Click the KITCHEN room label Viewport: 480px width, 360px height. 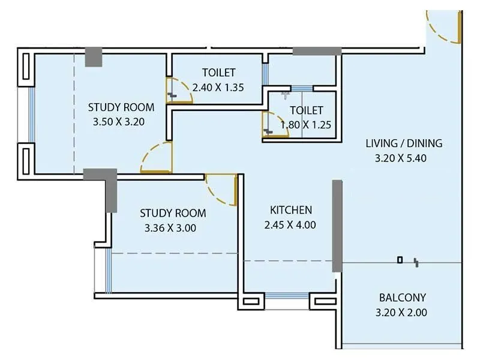(290, 210)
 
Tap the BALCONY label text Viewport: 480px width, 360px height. (402, 298)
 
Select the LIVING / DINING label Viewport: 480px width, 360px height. (404, 143)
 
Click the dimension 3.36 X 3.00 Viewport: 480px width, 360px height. (170, 227)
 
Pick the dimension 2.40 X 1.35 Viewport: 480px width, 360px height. (218, 87)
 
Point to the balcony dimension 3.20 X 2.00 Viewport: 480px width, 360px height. (402, 312)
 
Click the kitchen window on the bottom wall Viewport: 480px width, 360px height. (286, 295)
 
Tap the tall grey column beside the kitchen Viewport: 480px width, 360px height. (337, 226)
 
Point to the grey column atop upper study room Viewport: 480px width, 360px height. (94, 56)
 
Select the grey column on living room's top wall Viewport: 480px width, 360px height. (317, 51)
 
